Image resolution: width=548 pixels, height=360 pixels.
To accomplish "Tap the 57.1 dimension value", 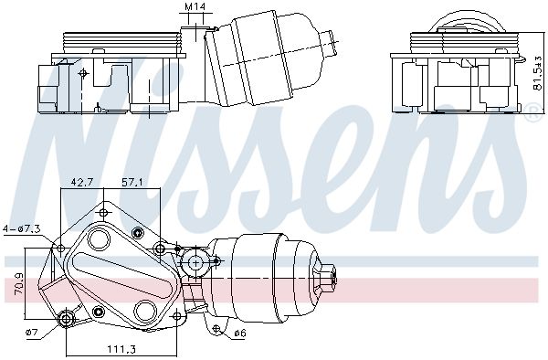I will (x=133, y=182).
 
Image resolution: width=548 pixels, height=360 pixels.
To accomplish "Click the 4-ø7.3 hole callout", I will (x=21, y=228).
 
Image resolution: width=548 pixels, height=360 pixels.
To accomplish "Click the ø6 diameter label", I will (x=239, y=333).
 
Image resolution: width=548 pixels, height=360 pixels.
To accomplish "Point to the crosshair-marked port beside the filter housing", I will (x=193, y=263).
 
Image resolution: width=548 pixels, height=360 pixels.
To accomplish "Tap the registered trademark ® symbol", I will (x=531, y=113).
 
